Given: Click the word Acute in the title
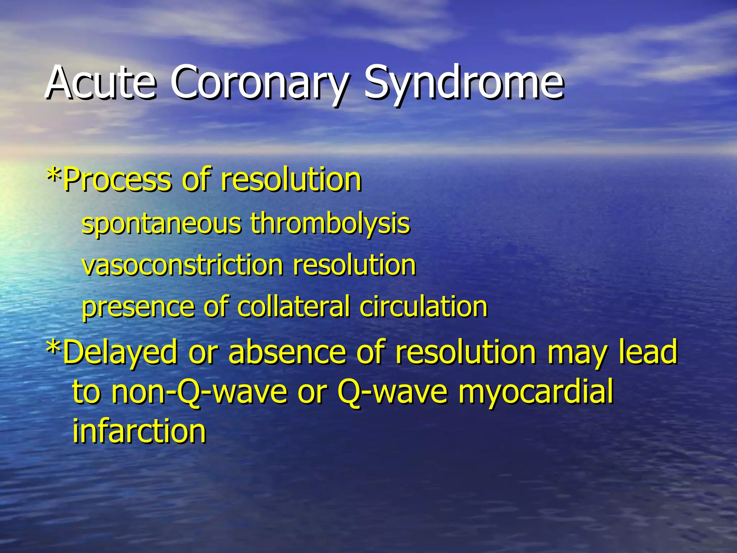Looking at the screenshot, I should coord(101,84).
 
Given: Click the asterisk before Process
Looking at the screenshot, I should coord(54,176).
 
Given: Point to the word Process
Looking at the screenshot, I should coord(117,180).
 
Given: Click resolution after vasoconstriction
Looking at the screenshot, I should coord(354,265).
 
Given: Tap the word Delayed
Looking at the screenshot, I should coord(120,352).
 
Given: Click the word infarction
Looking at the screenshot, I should coord(139,431).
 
